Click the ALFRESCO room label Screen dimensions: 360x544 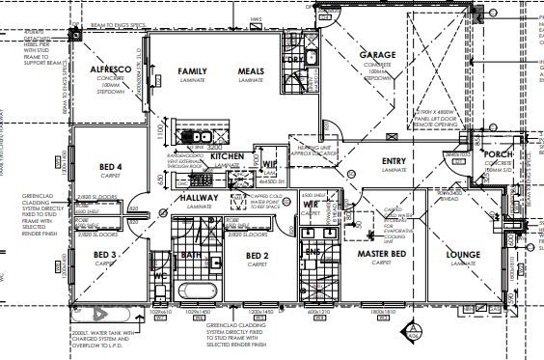point(112,71)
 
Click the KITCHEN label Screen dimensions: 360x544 point(228,155)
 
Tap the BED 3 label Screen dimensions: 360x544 point(106,255)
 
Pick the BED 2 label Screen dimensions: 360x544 point(257,255)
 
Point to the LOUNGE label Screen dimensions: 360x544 point(463,254)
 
